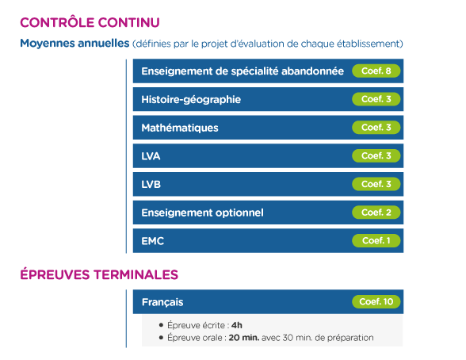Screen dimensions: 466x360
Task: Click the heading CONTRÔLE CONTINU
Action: tap(90, 22)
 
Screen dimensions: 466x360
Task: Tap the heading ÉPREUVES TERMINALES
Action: tap(99, 274)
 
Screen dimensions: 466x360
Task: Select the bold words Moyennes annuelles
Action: tap(74, 44)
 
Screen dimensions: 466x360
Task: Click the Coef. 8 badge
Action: tap(376, 71)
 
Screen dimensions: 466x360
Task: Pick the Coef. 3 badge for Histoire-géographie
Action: tap(376, 99)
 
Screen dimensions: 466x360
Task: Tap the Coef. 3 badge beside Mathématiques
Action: tap(376, 128)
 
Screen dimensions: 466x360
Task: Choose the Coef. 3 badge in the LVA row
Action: tap(376, 155)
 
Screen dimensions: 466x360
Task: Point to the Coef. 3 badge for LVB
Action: tap(376, 184)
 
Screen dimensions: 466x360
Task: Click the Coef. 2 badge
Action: tap(376, 213)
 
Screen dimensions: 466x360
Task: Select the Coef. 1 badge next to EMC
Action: tap(376, 240)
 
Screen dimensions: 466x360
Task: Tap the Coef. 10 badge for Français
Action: tap(376, 302)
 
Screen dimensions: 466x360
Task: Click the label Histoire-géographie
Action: tap(191, 100)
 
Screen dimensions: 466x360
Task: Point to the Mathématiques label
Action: tap(180, 128)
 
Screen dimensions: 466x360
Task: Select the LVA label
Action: tap(151, 156)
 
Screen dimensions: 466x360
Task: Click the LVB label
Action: tap(151, 184)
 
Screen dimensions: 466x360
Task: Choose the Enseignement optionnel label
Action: tap(202, 213)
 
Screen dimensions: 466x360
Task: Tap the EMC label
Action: tap(153, 241)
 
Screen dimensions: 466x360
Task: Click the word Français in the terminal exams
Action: tap(162, 302)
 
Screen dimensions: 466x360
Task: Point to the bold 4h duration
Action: tap(237, 325)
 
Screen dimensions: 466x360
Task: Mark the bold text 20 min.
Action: tap(244, 338)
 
